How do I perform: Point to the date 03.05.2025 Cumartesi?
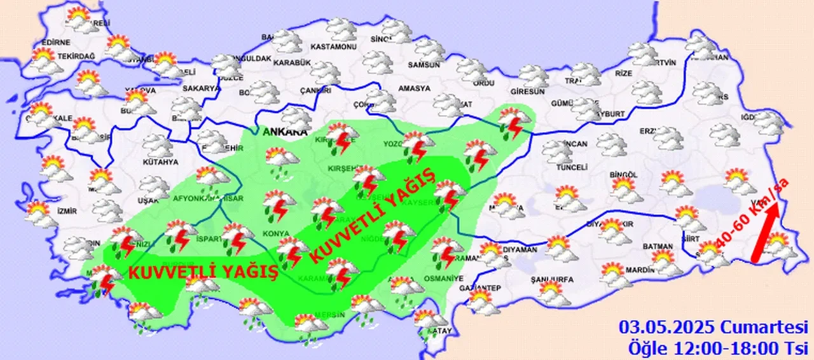(713, 328)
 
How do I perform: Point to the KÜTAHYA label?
(160, 162)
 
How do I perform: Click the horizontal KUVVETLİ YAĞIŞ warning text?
(203, 272)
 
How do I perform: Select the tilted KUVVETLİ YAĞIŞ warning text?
(372, 217)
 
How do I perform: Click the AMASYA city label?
(414, 88)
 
